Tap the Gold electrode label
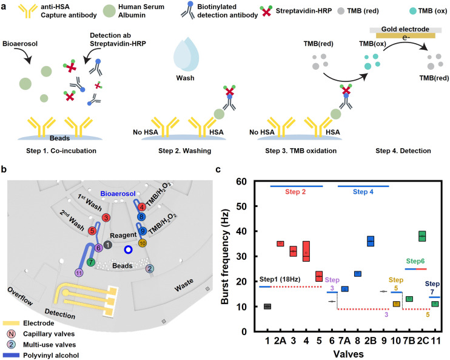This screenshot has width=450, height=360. point(405,29)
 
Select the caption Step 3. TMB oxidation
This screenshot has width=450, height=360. point(301,151)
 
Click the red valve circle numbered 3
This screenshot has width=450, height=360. point(106,217)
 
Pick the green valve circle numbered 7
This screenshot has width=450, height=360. point(91,262)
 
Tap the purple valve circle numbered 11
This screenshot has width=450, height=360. point(79,273)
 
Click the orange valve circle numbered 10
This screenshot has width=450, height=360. point(143,243)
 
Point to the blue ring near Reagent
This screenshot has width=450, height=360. point(129,250)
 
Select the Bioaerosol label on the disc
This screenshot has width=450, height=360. point(118,194)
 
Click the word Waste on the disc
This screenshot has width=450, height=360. point(184,285)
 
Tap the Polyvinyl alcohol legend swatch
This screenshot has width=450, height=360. point(11,355)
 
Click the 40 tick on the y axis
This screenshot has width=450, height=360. point(241,231)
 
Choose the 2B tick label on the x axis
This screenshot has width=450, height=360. point(370,341)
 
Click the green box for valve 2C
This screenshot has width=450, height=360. point(422,236)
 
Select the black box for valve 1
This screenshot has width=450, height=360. point(267,307)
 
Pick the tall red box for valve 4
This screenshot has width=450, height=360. point(306,251)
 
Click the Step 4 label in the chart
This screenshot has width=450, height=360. point(363,192)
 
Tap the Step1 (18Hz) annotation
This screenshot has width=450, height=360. point(280,279)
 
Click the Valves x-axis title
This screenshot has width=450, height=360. point(348,354)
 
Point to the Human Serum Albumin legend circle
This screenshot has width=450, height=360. point(109,11)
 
